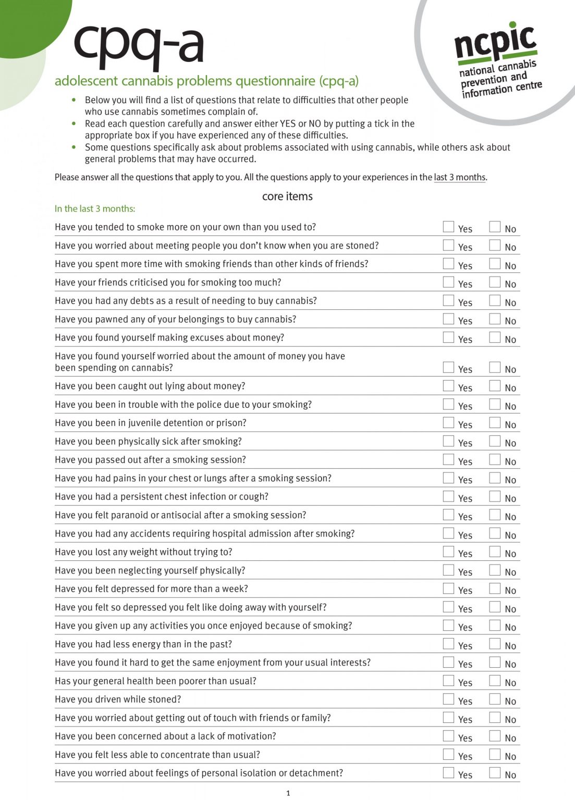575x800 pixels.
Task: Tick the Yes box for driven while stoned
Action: [x=448, y=699]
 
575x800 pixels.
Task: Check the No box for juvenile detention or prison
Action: [x=495, y=422]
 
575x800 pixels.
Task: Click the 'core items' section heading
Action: [x=287, y=196]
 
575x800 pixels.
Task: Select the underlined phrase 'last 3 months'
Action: [x=459, y=177]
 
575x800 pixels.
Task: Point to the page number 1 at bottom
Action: [x=288, y=793]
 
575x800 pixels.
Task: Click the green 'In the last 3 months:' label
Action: [x=95, y=209]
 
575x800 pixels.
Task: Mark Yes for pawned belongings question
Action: [x=448, y=319]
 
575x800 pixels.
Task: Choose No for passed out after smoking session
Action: [x=495, y=459]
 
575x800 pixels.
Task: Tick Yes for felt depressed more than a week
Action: [x=448, y=589]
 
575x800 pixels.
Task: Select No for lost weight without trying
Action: [x=495, y=552]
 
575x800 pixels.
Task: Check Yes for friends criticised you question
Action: [x=448, y=282]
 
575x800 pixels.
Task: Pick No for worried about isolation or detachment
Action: [x=495, y=773]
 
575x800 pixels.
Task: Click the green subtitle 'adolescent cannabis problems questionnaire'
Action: [x=206, y=81]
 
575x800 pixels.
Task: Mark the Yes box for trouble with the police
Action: [x=448, y=404]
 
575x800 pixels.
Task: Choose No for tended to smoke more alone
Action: [x=495, y=227]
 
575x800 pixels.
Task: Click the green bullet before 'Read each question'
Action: [x=74, y=123]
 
